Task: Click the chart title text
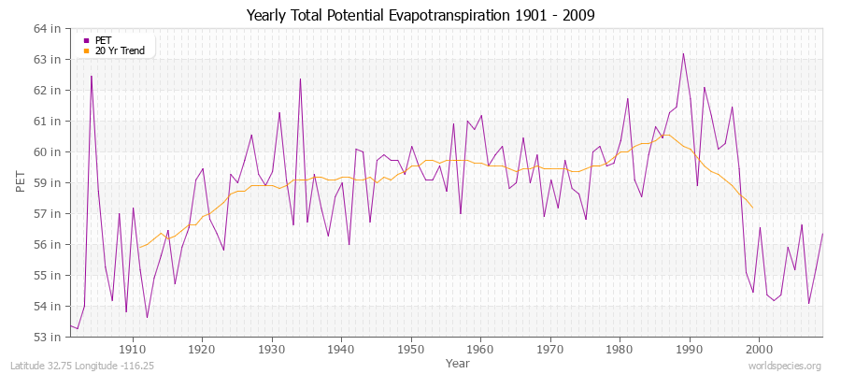[x=420, y=15]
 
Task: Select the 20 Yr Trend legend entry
[x=121, y=50]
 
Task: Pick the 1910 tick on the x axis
[x=133, y=349]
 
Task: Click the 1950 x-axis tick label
[x=411, y=349]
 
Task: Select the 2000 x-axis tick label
[x=759, y=349]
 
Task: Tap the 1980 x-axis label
[x=620, y=349]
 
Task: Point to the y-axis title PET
[x=21, y=182]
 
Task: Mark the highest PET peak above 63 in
[x=683, y=53]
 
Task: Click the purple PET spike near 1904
[x=92, y=77]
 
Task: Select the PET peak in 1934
[x=300, y=79]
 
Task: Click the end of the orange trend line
[x=752, y=208]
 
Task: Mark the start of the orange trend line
[x=138, y=247]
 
